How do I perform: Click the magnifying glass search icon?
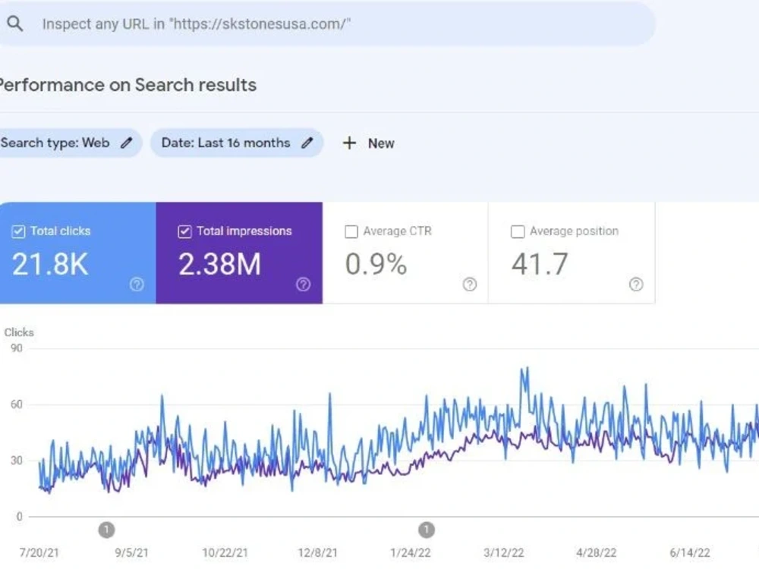[x=15, y=24]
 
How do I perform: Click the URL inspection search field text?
[x=196, y=24]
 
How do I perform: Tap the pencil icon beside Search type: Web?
[x=126, y=143]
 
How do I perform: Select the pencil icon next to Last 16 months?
[x=307, y=143]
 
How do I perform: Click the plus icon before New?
[x=349, y=143]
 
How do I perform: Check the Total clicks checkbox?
[x=18, y=231]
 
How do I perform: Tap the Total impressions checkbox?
[x=184, y=231]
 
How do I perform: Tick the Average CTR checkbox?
[x=351, y=231]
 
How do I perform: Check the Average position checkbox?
[x=518, y=231]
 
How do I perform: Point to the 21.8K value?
[x=50, y=264]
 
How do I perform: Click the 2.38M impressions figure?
[x=220, y=264]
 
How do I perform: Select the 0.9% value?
[x=376, y=264]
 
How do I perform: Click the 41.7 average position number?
[x=540, y=264]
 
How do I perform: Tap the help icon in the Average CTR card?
[x=470, y=284]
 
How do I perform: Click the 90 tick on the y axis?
[x=17, y=348]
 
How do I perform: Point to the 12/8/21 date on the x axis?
[x=317, y=552]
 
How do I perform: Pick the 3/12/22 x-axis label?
[x=503, y=552]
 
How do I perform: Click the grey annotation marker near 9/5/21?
[x=106, y=530]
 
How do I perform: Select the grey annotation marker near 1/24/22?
[x=427, y=530]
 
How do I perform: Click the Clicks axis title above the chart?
[x=19, y=332]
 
